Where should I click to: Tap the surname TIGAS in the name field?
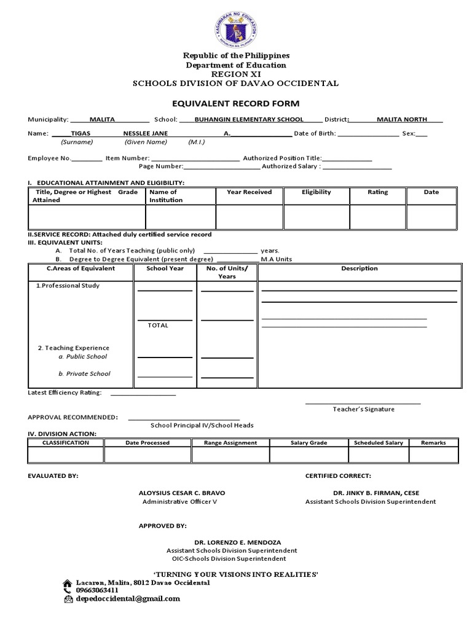click(81, 133)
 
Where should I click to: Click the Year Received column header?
click(249, 192)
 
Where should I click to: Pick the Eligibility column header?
click(316, 192)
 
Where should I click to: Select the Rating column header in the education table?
click(377, 192)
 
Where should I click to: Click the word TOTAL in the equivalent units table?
click(158, 326)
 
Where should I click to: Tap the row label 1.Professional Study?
click(67, 286)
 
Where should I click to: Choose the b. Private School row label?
click(84, 373)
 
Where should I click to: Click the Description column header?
click(360, 268)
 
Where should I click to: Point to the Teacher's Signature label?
click(363, 409)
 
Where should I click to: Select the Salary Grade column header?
click(309, 443)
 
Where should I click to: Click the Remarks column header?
click(433, 443)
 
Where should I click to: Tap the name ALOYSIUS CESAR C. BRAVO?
click(179, 493)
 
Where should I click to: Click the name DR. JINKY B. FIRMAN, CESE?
click(376, 493)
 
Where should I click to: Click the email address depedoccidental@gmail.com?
click(128, 598)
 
